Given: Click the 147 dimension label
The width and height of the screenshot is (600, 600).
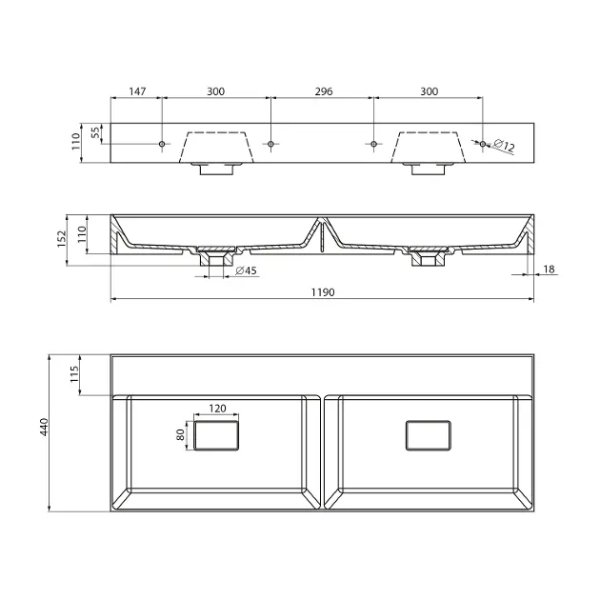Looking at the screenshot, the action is pyautogui.click(x=137, y=91).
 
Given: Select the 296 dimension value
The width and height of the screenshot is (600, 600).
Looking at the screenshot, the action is pyautogui.click(x=324, y=91).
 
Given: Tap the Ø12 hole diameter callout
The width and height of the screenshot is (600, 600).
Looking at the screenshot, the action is pyautogui.click(x=504, y=145).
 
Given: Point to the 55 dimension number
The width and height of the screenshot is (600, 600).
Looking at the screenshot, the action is pyautogui.click(x=96, y=132).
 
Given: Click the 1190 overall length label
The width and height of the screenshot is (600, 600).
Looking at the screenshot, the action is pyautogui.click(x=323, y=292).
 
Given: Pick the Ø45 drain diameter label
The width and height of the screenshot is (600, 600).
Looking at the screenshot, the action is pyautogui.click(x=246, y=270).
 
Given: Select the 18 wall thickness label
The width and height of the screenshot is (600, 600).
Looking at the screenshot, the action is pyautogui.click(x=549, y=270).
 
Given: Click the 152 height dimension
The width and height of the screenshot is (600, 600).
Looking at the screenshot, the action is pyautogui.click(x=62, y=239).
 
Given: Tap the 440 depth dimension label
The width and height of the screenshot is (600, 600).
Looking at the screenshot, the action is pyautogui.click(x=45, y=427).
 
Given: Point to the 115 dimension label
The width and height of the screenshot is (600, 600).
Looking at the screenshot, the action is pyautogui.click(x=74, y=374).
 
